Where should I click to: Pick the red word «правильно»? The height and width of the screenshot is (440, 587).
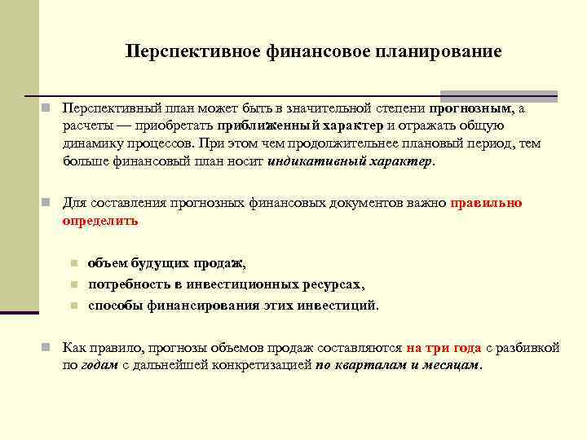[486, 203]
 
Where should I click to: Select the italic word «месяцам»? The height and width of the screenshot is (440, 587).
[452, 365]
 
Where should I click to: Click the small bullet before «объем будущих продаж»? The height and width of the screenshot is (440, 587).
[73, 263]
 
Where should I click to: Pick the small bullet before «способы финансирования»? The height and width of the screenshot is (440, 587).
[73, 306]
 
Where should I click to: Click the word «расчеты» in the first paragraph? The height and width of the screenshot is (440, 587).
[87, 125]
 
